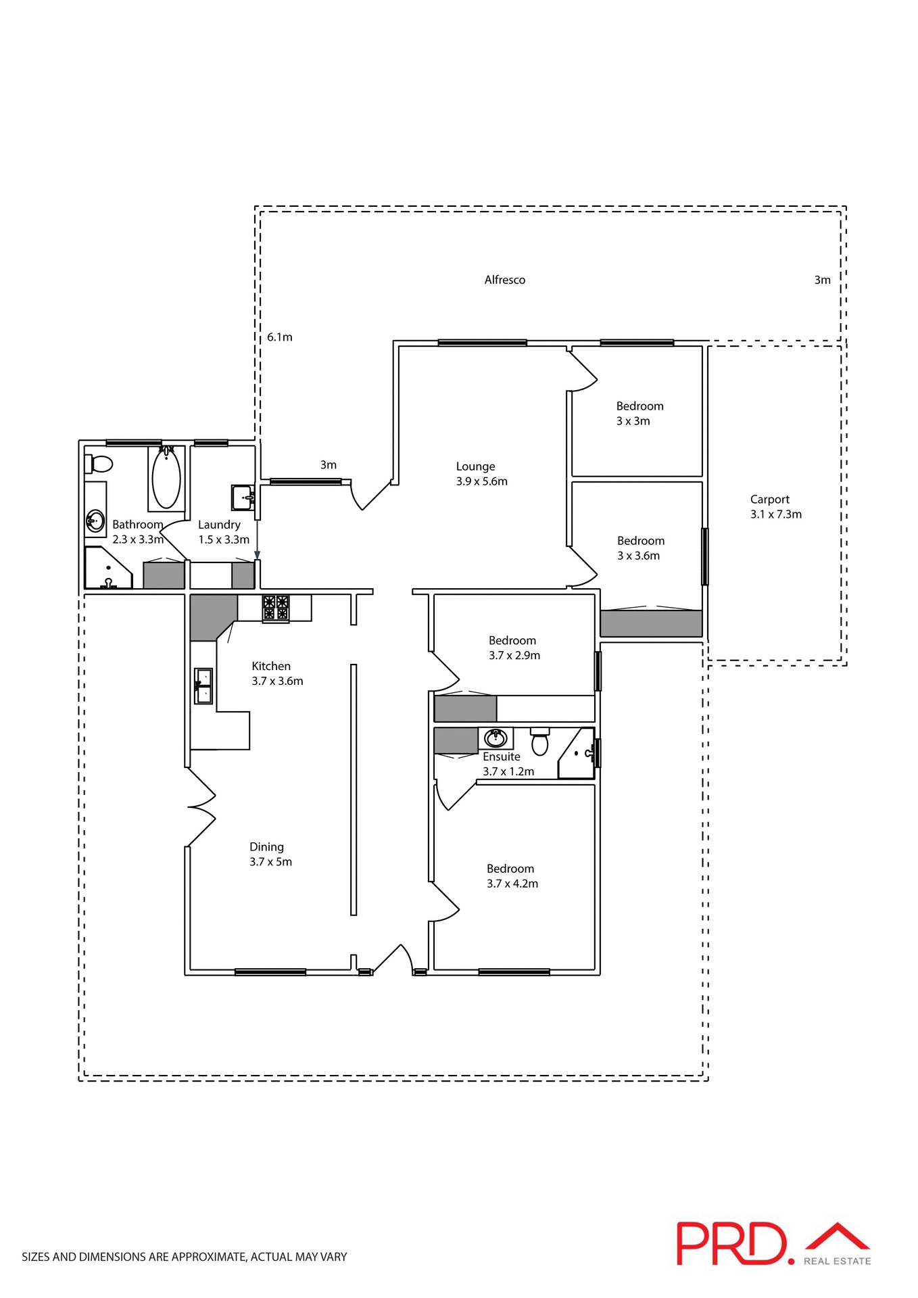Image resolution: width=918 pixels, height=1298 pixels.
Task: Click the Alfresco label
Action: [504, 280]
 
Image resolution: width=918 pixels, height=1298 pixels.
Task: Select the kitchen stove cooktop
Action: [276, 608]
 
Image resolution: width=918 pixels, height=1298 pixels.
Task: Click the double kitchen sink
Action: [203, 686]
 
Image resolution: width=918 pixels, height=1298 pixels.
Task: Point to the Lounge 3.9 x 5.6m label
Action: [481, 474]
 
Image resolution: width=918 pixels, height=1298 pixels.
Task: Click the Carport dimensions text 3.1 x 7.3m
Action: [775, 514]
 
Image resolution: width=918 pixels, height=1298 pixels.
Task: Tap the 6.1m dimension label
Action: [279, 337]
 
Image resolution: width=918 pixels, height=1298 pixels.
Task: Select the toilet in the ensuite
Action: [539, 742]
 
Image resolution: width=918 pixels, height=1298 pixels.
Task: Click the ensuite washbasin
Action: [496, 737]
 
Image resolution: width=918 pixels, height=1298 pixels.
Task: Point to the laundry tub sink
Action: [242, 498]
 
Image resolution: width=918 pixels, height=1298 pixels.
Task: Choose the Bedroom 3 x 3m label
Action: [639, 413]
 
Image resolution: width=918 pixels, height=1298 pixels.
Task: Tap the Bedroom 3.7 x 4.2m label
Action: [512, 876]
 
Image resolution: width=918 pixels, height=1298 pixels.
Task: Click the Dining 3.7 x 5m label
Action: [270, 855]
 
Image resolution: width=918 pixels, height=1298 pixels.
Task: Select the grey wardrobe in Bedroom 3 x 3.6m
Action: [650, 623]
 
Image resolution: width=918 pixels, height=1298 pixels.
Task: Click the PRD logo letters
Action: [731, 1244]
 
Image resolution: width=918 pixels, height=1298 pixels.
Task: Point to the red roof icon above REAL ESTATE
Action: [837, 1237]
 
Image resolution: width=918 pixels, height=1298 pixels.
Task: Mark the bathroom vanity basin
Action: [95, 521]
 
